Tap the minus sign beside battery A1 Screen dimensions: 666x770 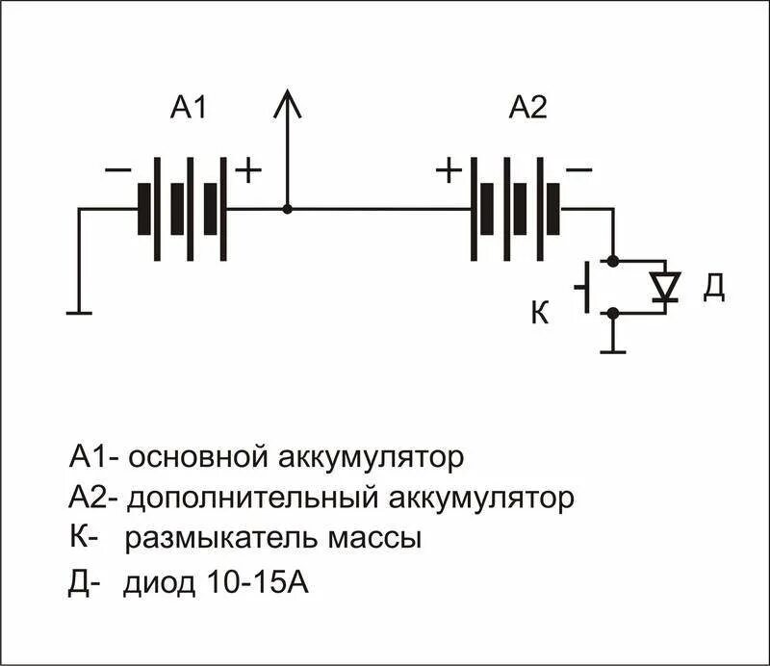[x=117, y=170]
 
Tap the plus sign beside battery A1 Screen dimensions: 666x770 [x=248, y=170]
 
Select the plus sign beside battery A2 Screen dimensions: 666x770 [x=449, y=170]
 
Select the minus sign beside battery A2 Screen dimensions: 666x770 [x=578, y=170]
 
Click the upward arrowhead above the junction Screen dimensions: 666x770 [x=286, y=104]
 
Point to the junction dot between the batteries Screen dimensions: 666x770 [x=287, y=208]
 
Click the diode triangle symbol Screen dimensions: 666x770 [x=664, y=286]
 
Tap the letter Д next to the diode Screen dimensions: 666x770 [x=712, y=287]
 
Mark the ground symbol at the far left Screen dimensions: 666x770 [x=79, y=312]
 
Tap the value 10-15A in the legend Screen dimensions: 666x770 [x=255, y=583]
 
